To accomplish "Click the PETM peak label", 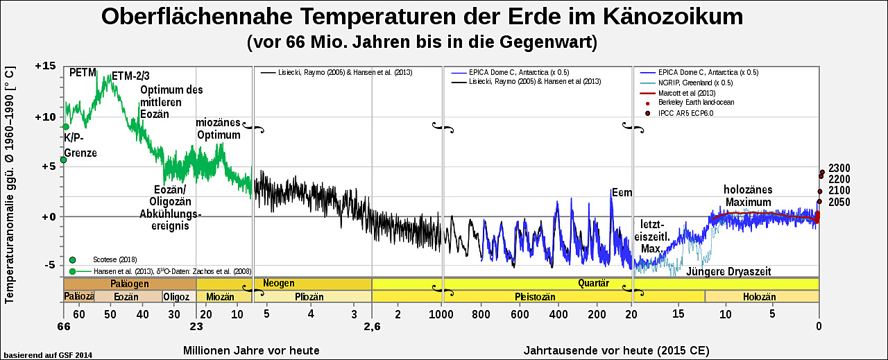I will coord(83,72).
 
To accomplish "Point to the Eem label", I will coord(622,193).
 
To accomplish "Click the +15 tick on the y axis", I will coord(44,66).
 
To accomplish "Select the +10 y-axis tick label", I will coord(44,117).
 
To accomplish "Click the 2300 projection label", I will coord(839,168).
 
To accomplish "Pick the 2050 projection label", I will coord(839,202).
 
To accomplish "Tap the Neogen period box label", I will coord(278,283).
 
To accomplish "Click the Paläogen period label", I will coord(130,283).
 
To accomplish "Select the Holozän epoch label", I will coord(758,296).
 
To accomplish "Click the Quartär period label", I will coord(593,283).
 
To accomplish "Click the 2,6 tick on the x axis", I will coord(372,327).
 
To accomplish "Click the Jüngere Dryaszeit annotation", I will coord(728,271).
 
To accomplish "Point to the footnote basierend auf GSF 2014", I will coord(48,354).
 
